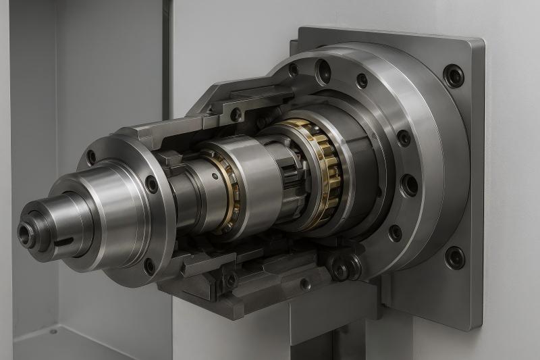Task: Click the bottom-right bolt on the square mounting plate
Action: point(455,257)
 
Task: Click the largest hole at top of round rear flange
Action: point(323,69)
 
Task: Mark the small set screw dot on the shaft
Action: point(215,176)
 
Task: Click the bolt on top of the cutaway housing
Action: point(236,114)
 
